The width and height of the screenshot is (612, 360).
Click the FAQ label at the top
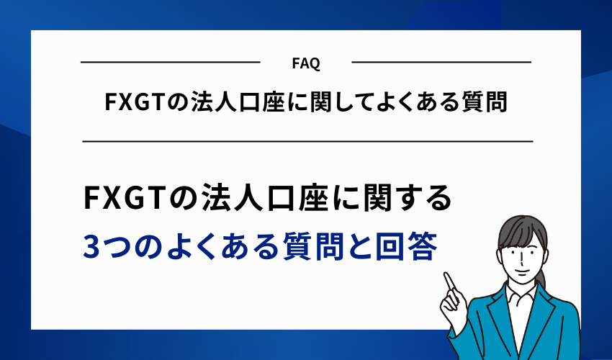[307, 63]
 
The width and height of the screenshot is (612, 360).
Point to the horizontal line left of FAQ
[170, 63]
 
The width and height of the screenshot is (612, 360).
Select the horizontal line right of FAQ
[441, 63]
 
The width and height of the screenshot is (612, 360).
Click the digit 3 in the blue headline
[94, 248]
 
